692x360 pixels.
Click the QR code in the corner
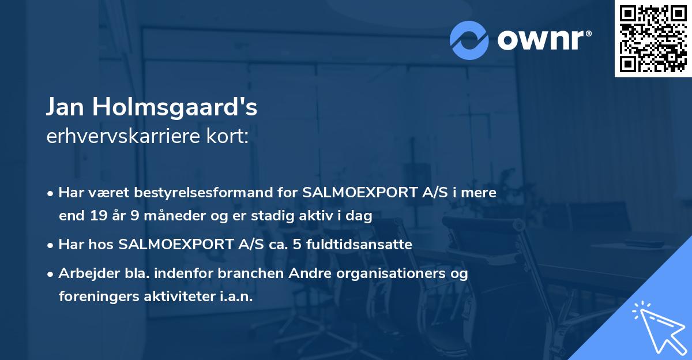click(x=653, y=39)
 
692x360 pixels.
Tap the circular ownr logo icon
click(x=469, y=40)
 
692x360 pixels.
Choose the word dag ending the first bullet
click(x=361, y=216)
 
